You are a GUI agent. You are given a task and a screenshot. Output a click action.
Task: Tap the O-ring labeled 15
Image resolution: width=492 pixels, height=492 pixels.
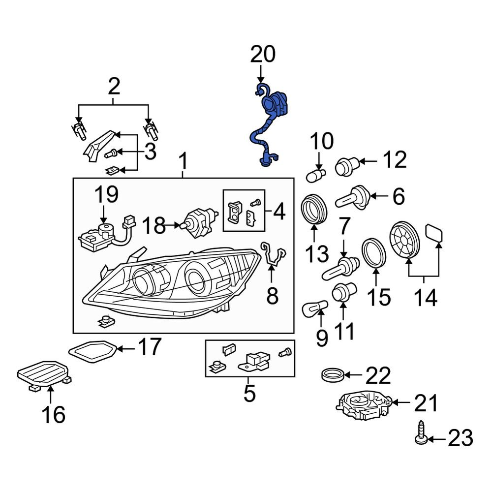click(376, 253)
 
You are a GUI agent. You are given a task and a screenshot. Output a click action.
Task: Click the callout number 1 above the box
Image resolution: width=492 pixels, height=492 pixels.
click(183, 160)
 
